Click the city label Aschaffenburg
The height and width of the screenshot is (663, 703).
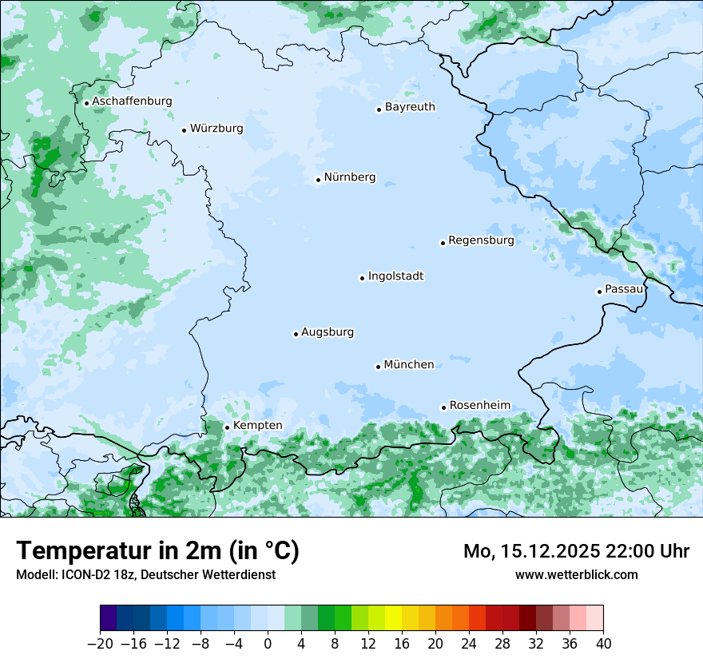tap(132, 101)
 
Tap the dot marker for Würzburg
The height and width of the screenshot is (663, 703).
tap(184, 130)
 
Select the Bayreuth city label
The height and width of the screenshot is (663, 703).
tap(410, 107)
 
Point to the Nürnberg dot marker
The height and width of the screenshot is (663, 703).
tap(318, 180)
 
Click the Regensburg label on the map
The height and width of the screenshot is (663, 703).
tap(481, 240)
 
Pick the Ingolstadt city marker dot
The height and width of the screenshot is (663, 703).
tap(362, 278)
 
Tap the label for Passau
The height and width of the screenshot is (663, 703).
tap(624, 289)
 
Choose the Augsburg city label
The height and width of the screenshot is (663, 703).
tap(328, 332)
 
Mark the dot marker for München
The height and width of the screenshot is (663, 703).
tap(378, 367)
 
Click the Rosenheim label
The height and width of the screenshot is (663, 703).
tap(479, 406)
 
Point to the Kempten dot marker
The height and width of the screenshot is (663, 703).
tap(227, 427)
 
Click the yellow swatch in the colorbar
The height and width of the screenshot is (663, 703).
tap(393, 619)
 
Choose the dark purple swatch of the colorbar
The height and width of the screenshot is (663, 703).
tap(109, 619)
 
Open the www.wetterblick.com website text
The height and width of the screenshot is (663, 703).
tap(577, 574)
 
